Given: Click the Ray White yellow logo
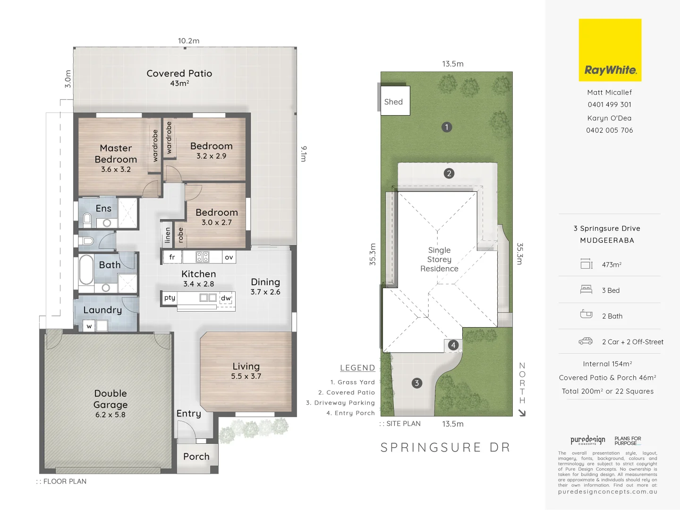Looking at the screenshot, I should tap(610, 50).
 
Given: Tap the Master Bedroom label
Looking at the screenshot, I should tap(116, 154).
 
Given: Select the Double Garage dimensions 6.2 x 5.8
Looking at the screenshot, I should tap(110, 415).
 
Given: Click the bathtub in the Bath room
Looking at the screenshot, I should tap(86, 270).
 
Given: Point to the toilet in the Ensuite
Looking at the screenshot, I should tap(87, 219).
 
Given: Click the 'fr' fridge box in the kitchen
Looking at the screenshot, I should tap(172, 257).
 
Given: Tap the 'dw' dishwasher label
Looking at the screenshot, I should tap(226, 298).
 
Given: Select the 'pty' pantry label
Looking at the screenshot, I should tap(170, 297).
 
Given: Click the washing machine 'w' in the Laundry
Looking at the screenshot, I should tap(89, 326).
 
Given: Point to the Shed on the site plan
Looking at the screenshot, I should tap(394, 102).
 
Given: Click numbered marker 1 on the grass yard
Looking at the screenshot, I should tap(447, 127).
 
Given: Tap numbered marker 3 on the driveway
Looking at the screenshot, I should tap(416, 383).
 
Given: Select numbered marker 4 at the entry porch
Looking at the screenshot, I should tap(453, 345).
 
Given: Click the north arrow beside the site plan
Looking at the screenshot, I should tap(522, 413).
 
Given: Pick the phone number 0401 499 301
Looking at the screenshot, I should tap(609, 105).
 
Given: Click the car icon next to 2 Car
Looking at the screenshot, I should tap(586, 341).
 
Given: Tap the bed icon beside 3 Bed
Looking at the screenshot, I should tap(586, 289).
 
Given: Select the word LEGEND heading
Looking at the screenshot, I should tap(357, 368).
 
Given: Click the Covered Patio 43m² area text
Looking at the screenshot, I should tap(179, 84).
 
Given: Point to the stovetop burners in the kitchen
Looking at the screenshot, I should tap(203, 257).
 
